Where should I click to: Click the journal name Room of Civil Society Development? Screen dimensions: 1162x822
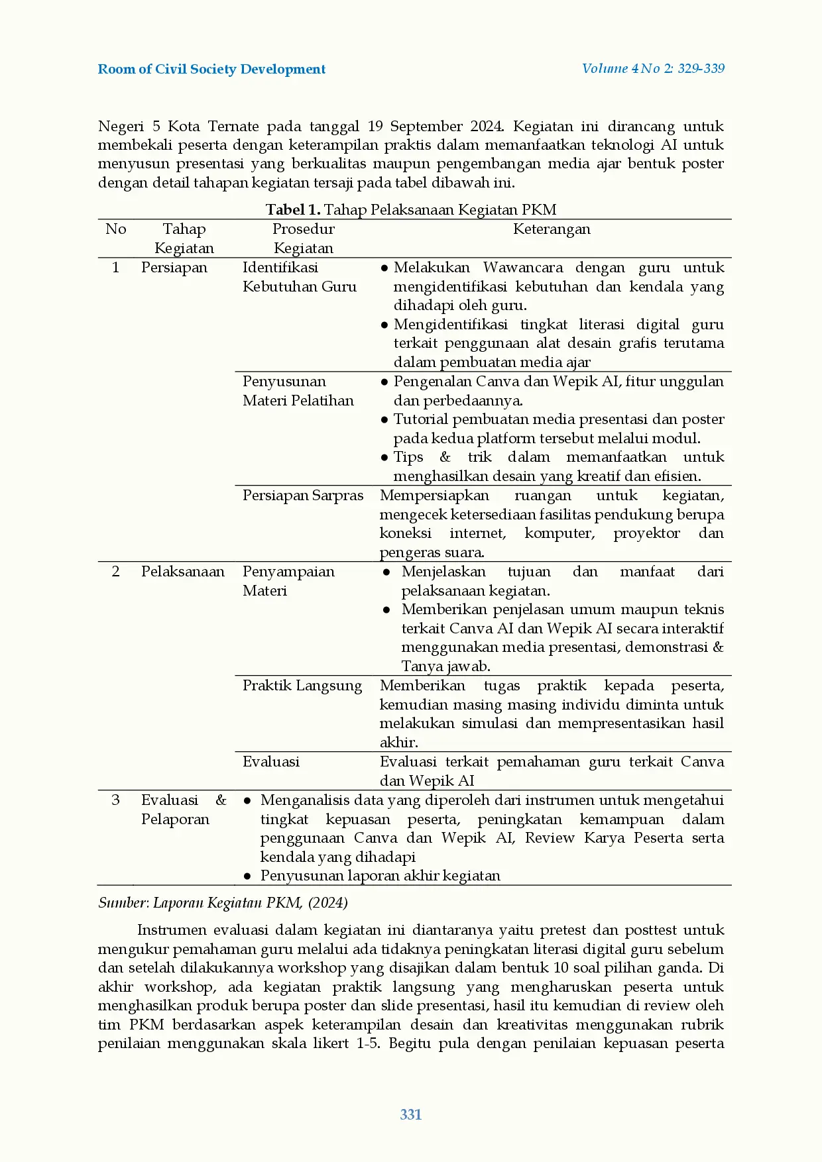211,69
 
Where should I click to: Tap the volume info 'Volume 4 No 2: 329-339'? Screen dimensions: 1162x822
653,68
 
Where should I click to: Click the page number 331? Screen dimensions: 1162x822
411,1114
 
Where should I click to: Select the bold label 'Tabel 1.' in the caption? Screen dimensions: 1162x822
293,210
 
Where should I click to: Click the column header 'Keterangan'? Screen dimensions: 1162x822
552,229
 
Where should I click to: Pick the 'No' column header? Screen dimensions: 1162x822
115,229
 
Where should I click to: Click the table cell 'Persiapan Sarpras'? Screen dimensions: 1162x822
303,496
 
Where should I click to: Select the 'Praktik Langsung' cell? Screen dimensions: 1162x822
302,686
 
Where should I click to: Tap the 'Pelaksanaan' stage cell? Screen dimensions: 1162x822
182,572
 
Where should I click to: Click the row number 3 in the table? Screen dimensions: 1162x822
115,800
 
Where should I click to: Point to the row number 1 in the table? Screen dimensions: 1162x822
115,268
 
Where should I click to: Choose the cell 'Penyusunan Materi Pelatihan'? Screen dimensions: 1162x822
298,391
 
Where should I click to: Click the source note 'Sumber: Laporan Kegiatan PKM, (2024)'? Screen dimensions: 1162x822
223,903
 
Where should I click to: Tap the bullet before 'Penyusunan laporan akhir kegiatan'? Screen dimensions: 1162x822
247,876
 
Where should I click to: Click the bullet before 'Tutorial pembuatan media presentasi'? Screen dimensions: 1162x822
384,419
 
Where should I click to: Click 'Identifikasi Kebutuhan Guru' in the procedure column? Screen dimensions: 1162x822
299,277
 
